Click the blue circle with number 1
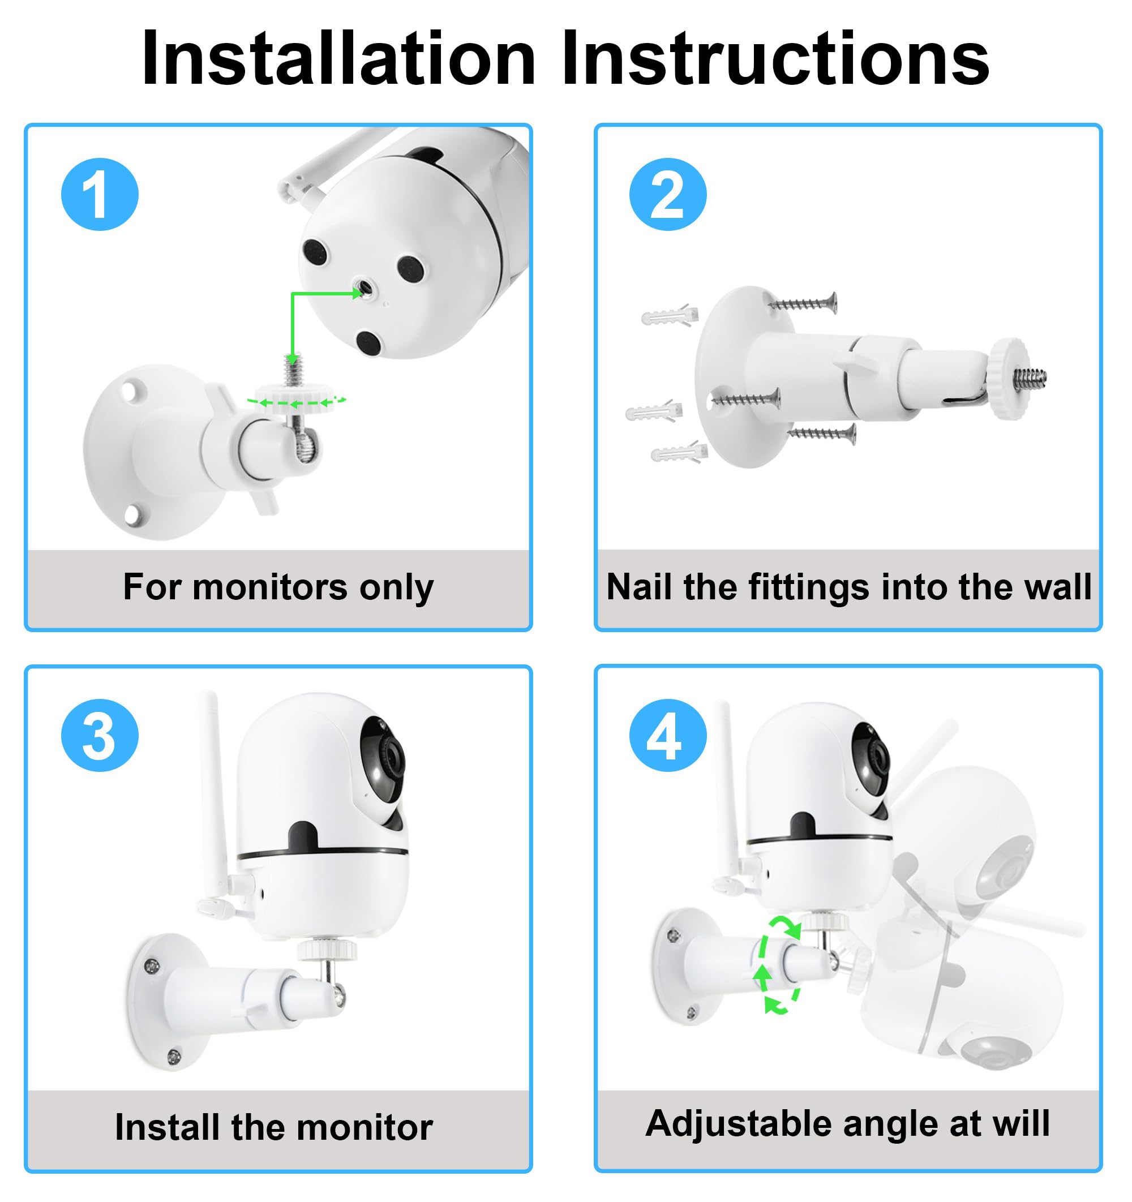[x=100, y=194]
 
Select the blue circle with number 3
[x=100, y=735]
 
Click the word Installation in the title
[x=338, y=59]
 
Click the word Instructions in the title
[x=775, y=59]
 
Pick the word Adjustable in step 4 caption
[x=739, y=1123]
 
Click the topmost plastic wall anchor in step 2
[x=670, y=315]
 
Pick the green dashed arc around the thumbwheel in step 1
[x=297, y=401]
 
